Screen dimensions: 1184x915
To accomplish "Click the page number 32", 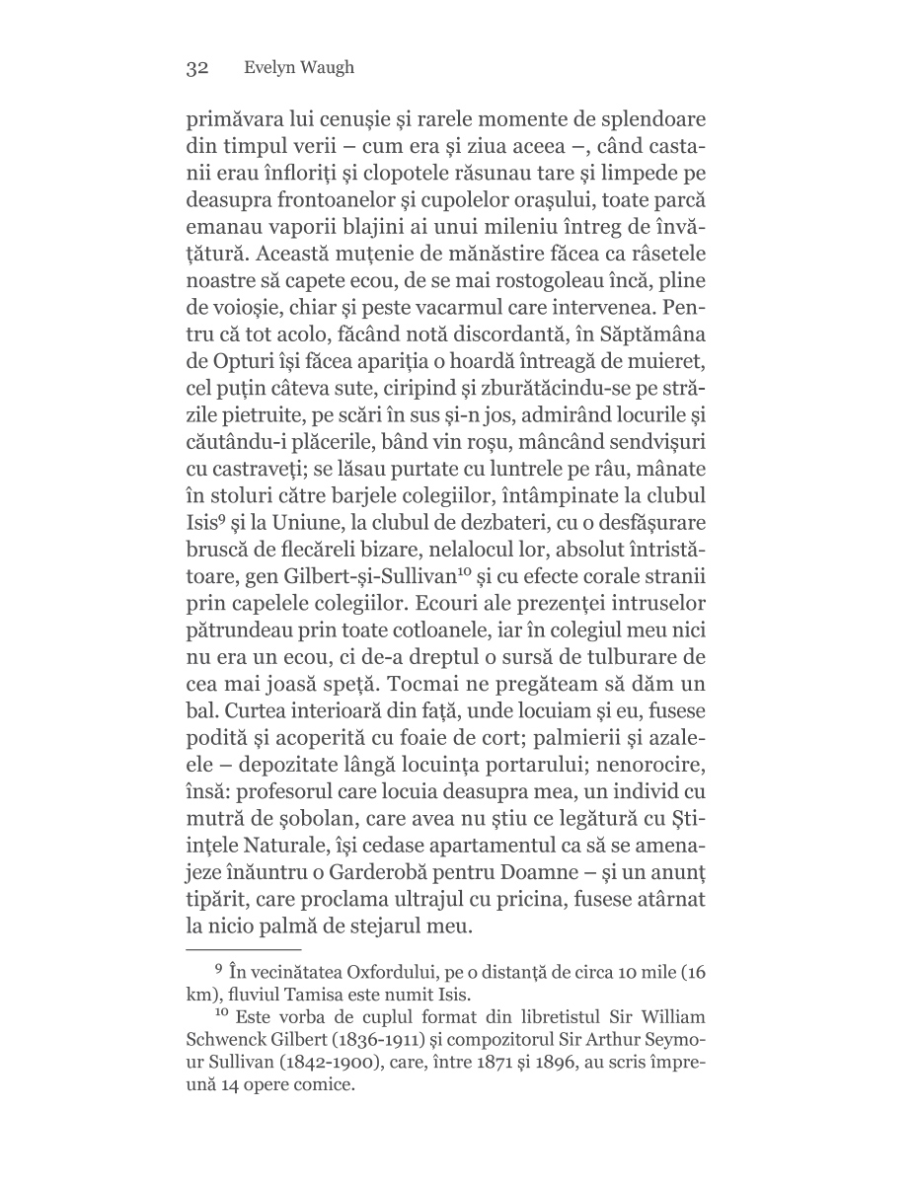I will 196,68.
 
